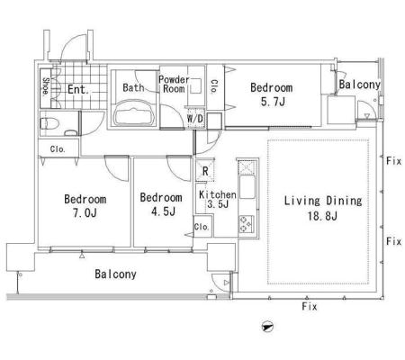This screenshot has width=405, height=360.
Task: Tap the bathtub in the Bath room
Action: (x=134, y=113)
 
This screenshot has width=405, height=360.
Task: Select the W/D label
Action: (x=195, y=119)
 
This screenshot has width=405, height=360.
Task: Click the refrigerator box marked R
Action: (x=205, y=170)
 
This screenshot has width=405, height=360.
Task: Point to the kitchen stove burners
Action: (x=247, y=224)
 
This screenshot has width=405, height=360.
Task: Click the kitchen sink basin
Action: (x=247, y=186)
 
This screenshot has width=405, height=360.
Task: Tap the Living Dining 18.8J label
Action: (x=323, y=208)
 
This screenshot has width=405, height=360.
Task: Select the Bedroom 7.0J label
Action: (x=85, y=206)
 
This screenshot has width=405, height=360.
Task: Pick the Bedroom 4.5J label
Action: (x=161, y=204)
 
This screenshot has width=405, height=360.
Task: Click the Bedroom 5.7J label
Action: (x=272, y=94)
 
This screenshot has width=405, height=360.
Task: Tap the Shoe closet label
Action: (x=46, y=86)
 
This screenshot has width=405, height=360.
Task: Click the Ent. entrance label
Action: (x=78, y=89)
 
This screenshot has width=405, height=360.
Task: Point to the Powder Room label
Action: (x=174, y=84)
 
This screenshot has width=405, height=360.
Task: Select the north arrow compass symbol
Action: (x=267, y=327)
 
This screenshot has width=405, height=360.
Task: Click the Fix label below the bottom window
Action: (x=310, y=307)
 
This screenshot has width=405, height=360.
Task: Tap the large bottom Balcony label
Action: (x=115, y=274)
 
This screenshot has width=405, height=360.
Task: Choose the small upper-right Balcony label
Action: (x=360, y=85)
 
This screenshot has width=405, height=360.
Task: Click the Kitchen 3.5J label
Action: (x=218, y=199)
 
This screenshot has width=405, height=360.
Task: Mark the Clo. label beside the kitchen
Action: (x=202, y=227)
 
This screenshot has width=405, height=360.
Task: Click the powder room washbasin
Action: (x=196, y=85)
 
